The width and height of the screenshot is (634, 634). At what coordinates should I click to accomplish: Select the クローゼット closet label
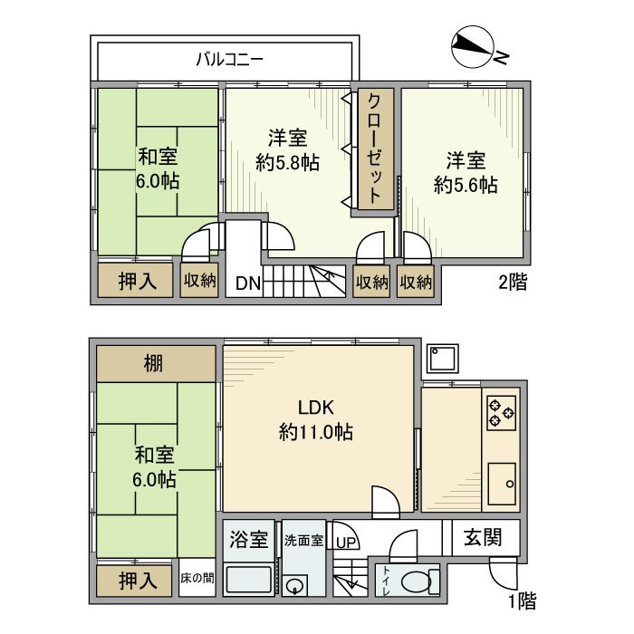[x=373, y=149]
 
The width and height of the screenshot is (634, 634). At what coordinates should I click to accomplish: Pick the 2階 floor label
[x=512, y=282]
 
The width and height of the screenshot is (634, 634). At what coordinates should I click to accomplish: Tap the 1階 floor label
[x=522, y=600]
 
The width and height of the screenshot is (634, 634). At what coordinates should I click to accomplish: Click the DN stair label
[x=248, y=283]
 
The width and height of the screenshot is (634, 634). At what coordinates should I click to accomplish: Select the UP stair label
[x=345, y=543]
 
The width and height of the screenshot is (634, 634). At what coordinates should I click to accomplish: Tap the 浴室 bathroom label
[x=248, y=540]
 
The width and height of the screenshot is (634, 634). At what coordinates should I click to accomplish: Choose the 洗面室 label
[x=303, y=541]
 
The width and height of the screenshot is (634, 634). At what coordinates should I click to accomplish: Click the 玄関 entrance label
[x=485, y=538]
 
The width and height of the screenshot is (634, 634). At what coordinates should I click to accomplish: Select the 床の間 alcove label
[x=196, y=578]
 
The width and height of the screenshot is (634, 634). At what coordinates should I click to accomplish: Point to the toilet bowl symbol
[x=415, y=581]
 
